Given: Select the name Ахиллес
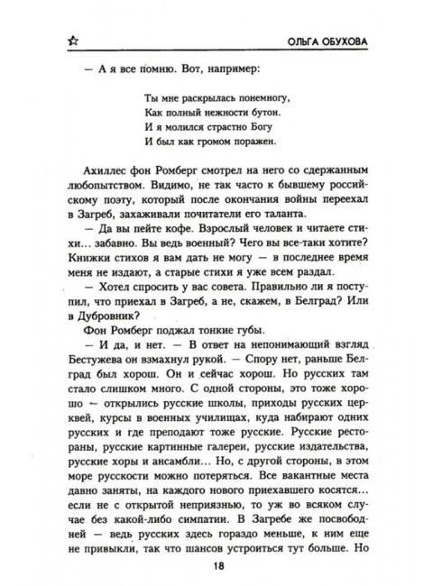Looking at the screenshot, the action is pos(97,179).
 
